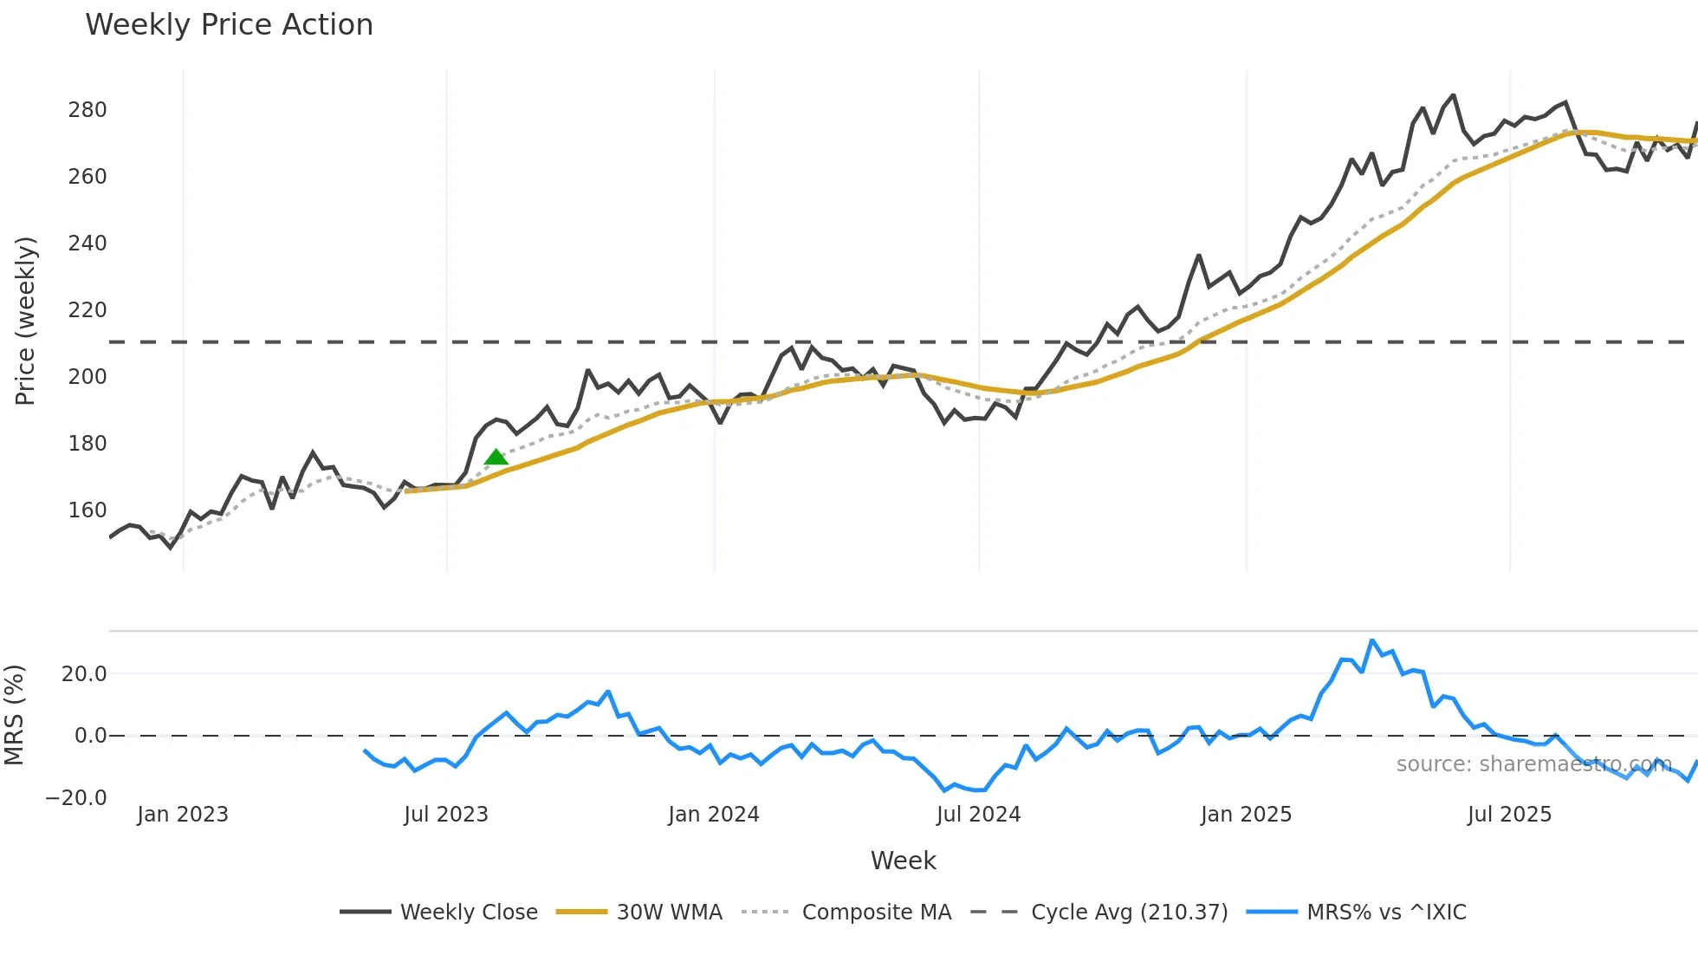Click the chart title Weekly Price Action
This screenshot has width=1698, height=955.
point(229,25)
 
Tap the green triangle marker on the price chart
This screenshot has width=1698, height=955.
point(496,457)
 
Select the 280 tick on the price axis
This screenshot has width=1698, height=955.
point(87,110)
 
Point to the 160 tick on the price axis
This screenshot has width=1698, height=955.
point(87,510)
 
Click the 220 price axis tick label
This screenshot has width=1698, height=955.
point(87,310)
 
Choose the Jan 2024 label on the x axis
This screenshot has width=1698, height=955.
point(713,815)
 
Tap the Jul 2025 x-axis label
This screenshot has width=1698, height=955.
point(1509,815)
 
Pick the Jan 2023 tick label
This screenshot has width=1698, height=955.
point(183,815)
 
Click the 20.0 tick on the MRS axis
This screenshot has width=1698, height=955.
point(84,674)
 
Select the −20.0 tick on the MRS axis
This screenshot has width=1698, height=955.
point(77,798)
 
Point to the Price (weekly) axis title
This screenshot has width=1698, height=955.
point(26,321)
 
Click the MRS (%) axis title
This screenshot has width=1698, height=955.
point(14,715)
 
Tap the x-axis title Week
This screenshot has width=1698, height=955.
point(903,861)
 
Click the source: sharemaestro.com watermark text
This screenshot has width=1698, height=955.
point(1533,764)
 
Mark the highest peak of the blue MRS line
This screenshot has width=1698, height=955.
point(1372,641)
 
